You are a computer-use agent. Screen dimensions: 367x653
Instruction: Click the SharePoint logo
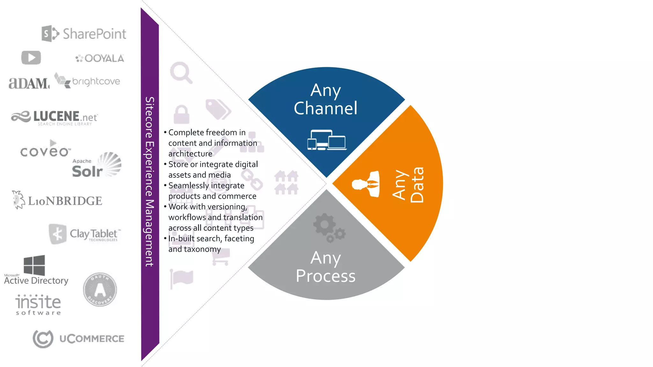pyautogui.click(x=84, y=33)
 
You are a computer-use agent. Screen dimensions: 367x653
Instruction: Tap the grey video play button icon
pyautogui.click(x=31, y=58)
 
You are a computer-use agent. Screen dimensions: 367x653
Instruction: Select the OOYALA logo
pyautogui.click(x=100, y=58)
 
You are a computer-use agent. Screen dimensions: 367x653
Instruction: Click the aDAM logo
pyautogui.click(x=29, y=83)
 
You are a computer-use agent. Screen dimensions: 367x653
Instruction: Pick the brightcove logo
pyautogui.click(x=87, y=81)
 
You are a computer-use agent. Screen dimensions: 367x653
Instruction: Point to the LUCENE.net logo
pyautogui.click(x=55, y=118)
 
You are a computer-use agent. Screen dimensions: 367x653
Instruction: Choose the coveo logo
pyautogui.click(x=45, y=150)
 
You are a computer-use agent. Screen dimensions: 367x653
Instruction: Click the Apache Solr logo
pyautogui.click(x=96, y=165)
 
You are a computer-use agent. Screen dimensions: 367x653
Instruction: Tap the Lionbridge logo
pyautogui.click(x=57, y=200)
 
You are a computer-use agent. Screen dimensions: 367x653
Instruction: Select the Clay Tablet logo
pyautogui.click(x=85, y=234)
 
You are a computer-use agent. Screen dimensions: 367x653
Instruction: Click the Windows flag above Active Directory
pyautogui.click(x=34, y=265)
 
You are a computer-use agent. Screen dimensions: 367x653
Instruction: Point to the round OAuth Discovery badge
pyautogui.click(x=100, y=289)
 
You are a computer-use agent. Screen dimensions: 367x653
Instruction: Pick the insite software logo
pyautogui.click(x=38, y=305)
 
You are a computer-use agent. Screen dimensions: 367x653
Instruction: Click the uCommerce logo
pyautogui.click(x=78, y=339)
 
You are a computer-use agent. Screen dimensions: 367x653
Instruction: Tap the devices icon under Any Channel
pyautogui.click(x=327, y=140)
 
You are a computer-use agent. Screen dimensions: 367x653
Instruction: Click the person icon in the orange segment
pyautogui.click(x=366, y=184)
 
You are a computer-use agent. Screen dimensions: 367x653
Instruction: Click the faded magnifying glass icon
pyautogui.click(x=181, y=72)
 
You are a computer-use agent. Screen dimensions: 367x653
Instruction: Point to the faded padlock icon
pyautogui.click(x=181, y=114)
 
